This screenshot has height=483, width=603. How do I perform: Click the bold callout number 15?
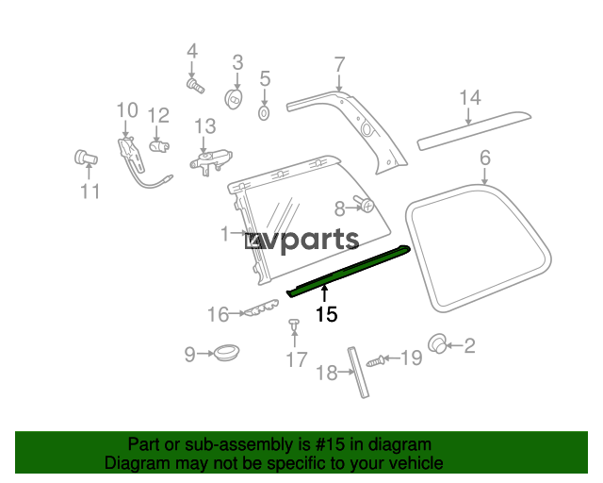[x=327, y=314]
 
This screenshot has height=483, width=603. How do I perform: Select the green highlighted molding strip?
[x=348, y=271]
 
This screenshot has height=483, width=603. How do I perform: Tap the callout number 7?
[x=339, y=65]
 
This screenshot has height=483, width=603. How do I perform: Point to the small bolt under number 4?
[x=195, y=86]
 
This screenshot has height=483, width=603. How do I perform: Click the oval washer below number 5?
[x=264, y=113]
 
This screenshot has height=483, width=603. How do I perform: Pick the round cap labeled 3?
[x=234, y=99]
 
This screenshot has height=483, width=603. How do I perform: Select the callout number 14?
[x=470, y=98]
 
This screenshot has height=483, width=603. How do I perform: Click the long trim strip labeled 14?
[x=474, y=131]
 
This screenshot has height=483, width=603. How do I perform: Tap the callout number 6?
[x=485, y=158]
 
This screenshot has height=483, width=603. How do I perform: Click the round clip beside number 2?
[x=437, y=343]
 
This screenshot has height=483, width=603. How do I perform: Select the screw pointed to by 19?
[x=375, y=361]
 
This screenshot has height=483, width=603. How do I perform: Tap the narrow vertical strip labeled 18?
[x=358, y=372]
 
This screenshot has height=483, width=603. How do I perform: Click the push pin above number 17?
[x=294, y=325]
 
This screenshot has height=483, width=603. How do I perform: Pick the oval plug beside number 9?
[x=226, y=352]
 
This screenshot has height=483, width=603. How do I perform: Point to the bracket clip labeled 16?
[x=262, y=308]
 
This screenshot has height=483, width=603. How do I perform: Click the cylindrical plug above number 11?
[x=86, y=157]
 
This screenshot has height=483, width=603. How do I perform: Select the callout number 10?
[x=127, y=110]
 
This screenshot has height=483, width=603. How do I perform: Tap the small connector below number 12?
[x=159, y=146]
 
